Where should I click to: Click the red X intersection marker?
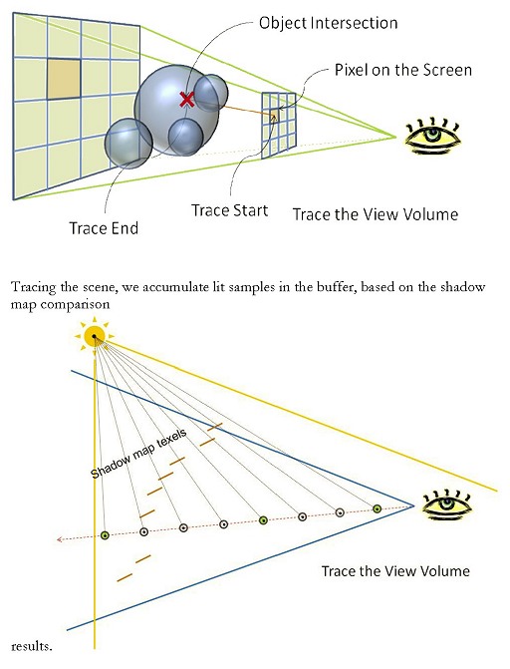(x=186, y=100)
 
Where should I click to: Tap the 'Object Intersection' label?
(x=328, y=23)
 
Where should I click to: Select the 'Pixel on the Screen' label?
(x=403, y=70)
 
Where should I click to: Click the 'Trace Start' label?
(x=229, y=210)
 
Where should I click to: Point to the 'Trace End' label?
(x=104, y=228)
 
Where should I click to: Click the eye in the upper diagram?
(x=433, y=135)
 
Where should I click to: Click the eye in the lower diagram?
(x=447, y=505)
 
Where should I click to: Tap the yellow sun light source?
(x=95, y=336)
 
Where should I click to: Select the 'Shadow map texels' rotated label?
(x=138, y=454)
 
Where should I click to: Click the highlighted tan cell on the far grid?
(x=64, y=79)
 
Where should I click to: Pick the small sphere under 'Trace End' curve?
(x=128, y=144)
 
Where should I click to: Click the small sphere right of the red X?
(x=210, y=93)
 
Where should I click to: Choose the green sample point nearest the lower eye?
(x=377, y=508)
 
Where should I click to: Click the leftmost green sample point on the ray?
(x=105, y=535)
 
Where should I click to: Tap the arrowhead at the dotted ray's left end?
(x=59, y=539)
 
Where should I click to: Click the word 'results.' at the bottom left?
(x=31, y=646)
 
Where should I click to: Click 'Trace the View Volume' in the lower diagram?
(x=395, y=571)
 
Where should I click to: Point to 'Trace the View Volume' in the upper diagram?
(x=376, y=214)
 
